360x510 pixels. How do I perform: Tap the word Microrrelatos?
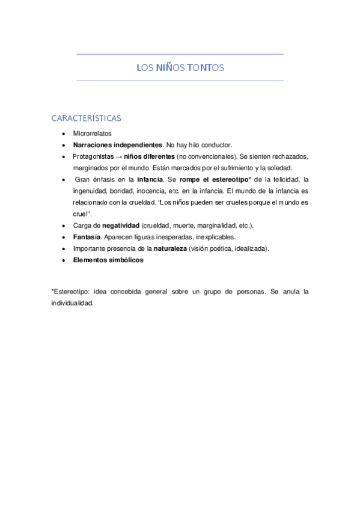click(x=93, y=134)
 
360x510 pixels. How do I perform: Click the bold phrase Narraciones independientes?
click(x=118, y=145)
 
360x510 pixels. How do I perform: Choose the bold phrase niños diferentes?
click(x=149, y=156)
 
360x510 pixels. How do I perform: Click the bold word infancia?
click(x=150, y=179)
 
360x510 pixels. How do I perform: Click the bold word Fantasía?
click(x=87, y=236)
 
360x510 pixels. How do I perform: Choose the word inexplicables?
click(x=216, y=236)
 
